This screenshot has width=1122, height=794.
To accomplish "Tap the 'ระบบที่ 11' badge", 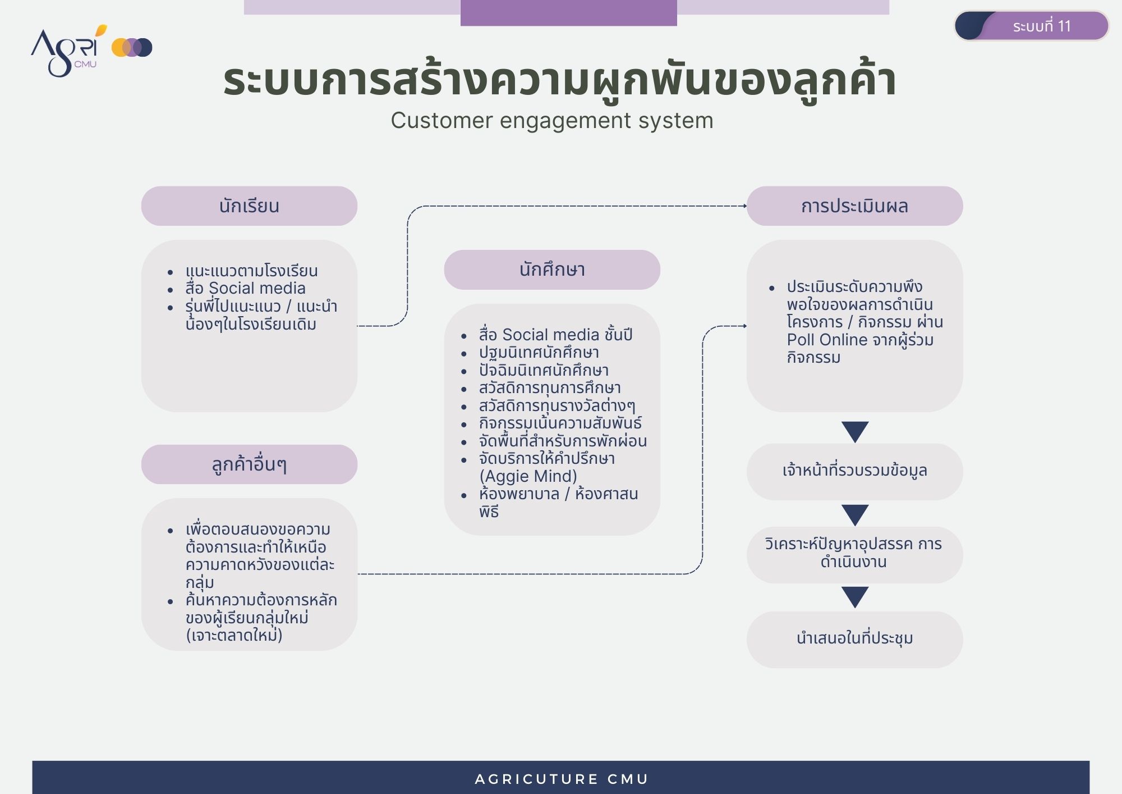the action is click(1031, 26).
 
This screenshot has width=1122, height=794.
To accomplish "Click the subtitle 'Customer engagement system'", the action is click(552, 121).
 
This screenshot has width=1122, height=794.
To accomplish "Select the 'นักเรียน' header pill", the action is click(249, 206).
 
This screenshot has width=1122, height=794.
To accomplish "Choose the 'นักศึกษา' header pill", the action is click(552, 270).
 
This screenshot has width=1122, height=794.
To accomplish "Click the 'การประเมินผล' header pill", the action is click(854, 206).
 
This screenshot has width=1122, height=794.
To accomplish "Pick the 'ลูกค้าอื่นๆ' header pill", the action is click(249, 464).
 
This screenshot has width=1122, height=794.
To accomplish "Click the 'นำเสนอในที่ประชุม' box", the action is click(854, 640).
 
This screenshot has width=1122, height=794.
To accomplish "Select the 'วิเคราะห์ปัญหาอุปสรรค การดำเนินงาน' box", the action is click(854, 555).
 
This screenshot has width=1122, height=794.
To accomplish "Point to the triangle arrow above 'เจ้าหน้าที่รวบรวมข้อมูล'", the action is click(855, 431).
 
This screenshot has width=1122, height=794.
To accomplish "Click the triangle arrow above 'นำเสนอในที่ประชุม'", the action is click(855, 597).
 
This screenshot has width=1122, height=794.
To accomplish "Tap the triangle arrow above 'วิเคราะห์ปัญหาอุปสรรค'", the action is click(855, 514).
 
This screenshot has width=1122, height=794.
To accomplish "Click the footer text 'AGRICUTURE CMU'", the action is click(561, 779).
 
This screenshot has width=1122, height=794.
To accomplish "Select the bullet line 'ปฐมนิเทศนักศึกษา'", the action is click(539, 353).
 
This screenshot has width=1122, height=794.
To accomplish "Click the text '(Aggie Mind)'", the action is click(528, 476).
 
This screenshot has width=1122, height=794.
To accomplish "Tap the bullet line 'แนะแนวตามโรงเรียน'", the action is click(251, 271).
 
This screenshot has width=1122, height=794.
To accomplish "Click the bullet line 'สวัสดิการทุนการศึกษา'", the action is click(550, 388).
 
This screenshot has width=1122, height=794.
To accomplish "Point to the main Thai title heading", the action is click(559, 80).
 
